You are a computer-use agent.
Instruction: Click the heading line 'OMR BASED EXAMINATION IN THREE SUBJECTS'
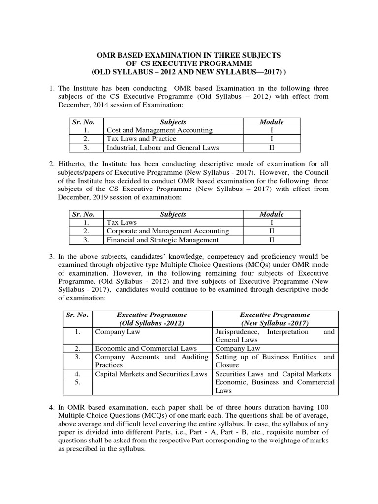coord(189,55)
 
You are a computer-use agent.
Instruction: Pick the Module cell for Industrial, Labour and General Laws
coord(271,148)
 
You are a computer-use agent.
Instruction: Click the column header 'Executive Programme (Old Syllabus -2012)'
coord(152,319)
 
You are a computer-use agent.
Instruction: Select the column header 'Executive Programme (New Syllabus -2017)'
coord(275,319)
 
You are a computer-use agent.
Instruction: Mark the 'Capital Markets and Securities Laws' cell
coord(151,374)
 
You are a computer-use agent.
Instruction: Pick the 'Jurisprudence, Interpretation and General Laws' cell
coord(275,336)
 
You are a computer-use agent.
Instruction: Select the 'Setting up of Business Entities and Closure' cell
coord(275,361)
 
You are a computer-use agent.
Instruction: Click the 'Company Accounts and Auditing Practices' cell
coord(152,361)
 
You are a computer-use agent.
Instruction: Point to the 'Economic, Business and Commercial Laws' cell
coord(275,386)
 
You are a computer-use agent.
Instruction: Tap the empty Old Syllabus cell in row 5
coord(152,386)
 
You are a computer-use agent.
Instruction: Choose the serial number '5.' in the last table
coord(77,382)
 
